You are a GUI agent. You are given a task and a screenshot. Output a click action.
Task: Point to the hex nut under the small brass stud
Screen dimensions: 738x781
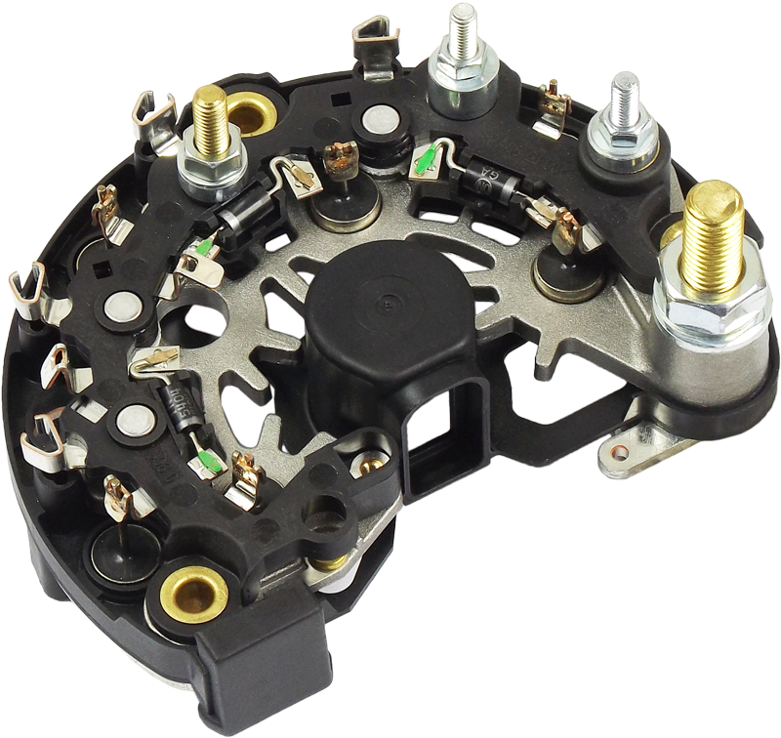[213, 168]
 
